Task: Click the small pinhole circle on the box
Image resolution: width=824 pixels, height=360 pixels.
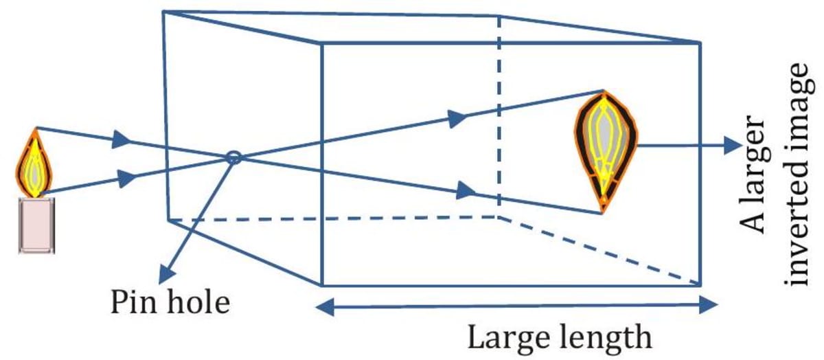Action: click(x=233, y=157)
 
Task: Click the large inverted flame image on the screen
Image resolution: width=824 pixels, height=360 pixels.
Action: click(x=605, y=148)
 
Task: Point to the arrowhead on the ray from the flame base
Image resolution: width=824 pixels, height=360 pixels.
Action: click(x=126, y=179)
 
